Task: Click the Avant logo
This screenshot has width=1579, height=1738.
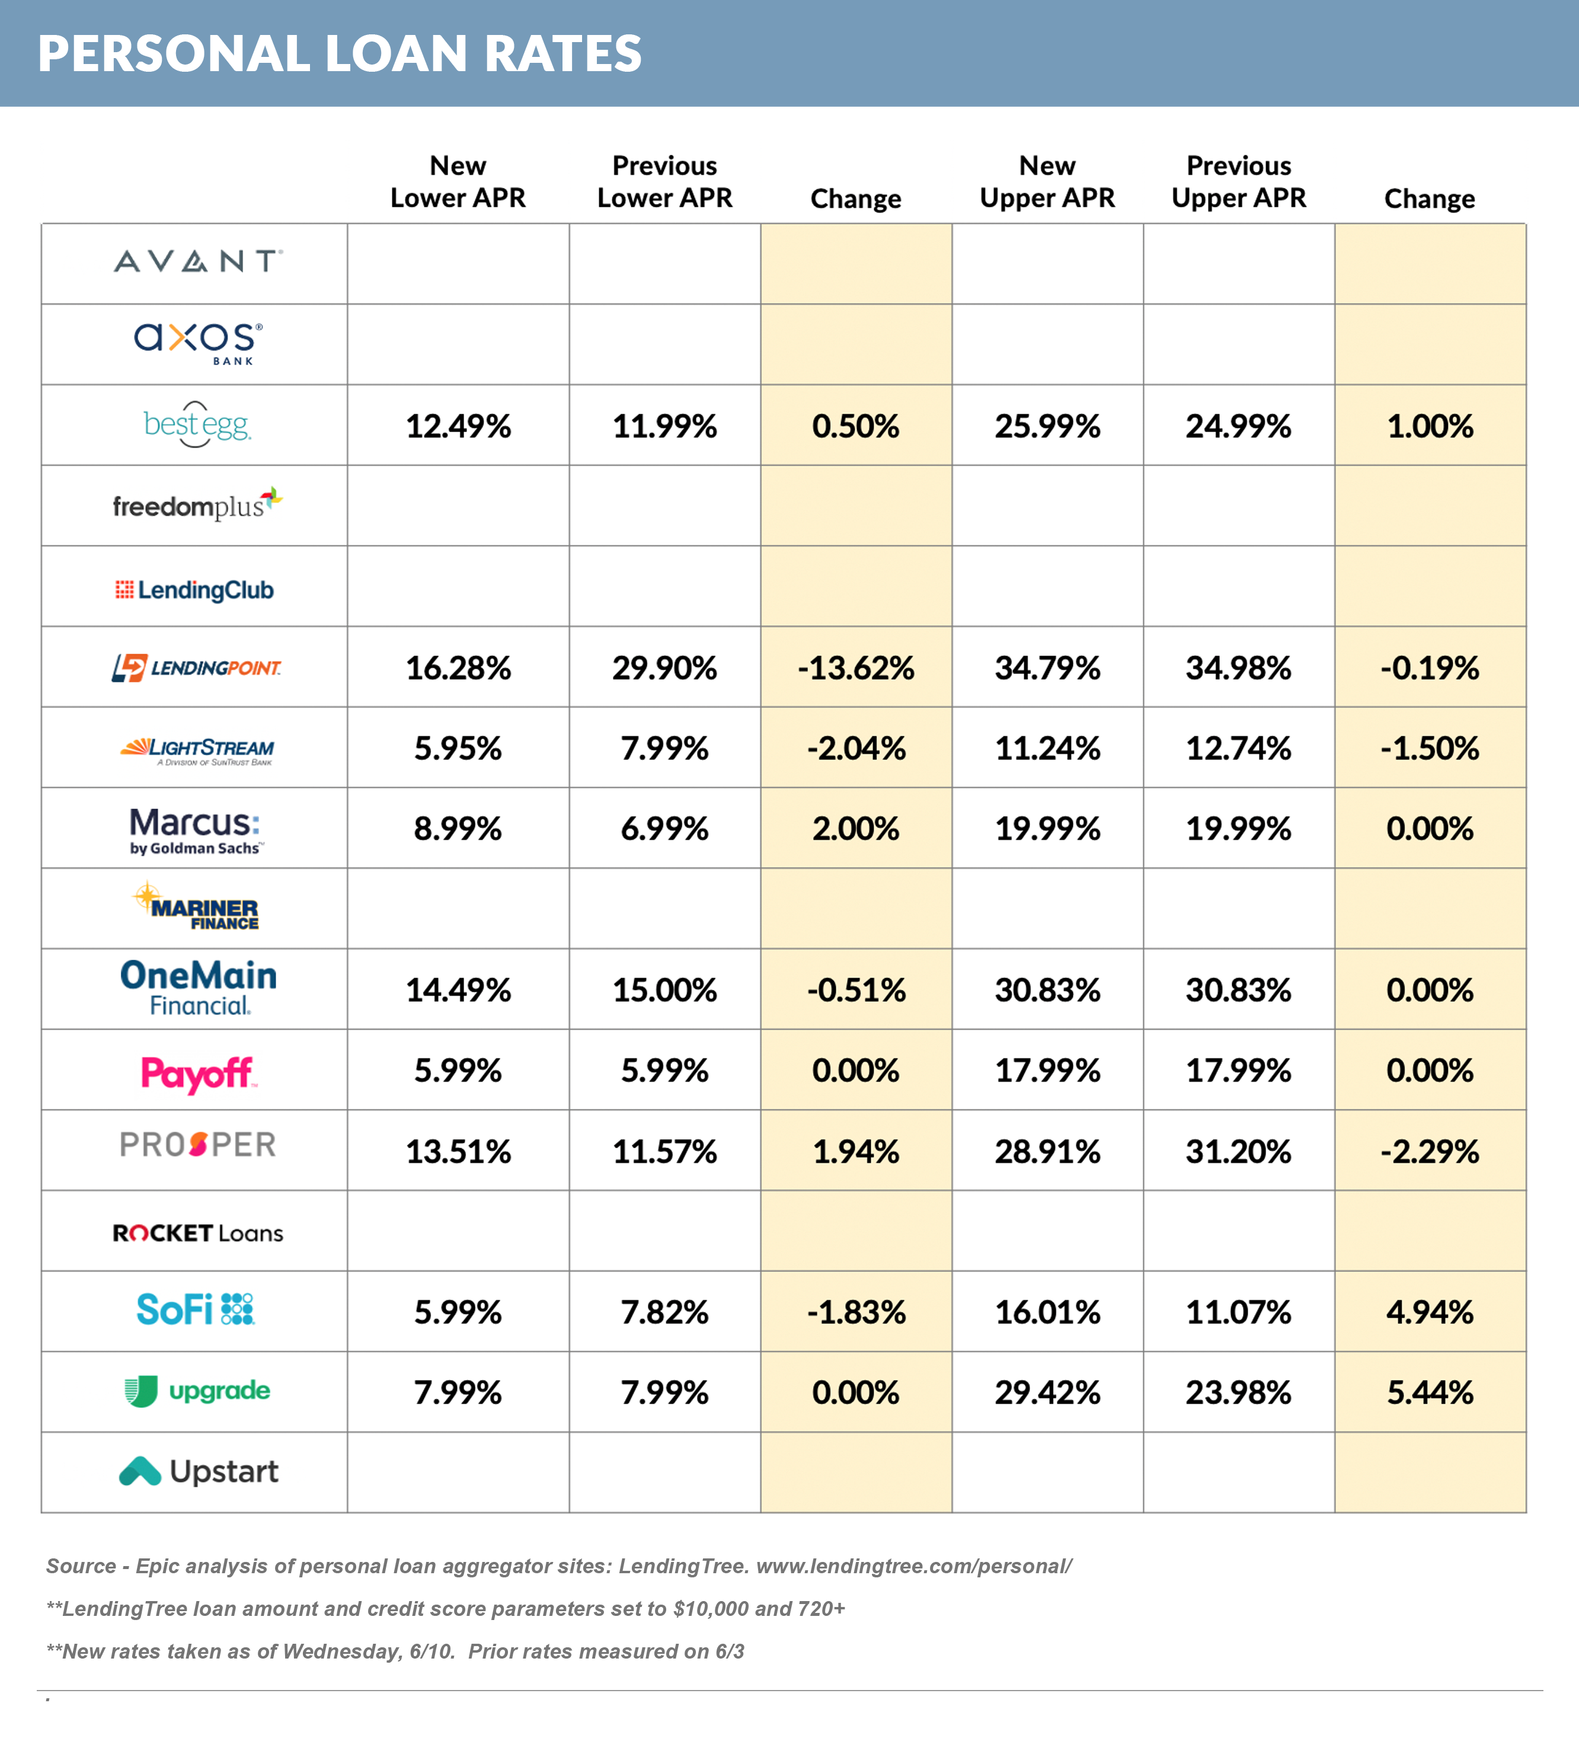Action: pyautogui.click(x=197, y=261)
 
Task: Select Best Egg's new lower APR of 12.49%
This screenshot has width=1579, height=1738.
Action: pyautogui.click(x=458, y=426)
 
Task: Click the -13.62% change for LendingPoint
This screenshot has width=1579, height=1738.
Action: pyautogui.click(x=855, y=668)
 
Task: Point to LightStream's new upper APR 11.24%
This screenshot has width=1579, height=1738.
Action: pyautogui.click(x=1047, y=748)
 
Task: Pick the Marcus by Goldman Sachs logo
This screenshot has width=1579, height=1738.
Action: pyautogui.click(x=196, y=829)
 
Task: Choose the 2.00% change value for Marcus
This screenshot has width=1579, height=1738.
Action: pyautogui.click(x=855, y=829)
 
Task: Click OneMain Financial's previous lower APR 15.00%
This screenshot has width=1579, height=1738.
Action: pyautogui.click(x=664, y=990)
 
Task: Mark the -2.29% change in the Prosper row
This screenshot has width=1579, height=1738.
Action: pyautogui.click(x=1429, y=1152)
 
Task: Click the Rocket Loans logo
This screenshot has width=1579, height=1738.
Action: pyautogui.click(x=197, y=1233)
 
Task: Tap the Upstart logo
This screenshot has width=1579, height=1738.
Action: pyautogui.click(x=198, y=1471)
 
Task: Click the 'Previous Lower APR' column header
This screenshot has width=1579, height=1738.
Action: pyautogui.click(x=664, y=181)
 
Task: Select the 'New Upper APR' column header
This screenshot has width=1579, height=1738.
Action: pyautogui.click(x=1047, y=181)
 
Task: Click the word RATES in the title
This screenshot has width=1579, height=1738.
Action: pyautogui.click(x=563, y=53)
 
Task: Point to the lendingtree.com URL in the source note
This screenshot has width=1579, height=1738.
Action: pyautogui.click(x=913, y=1566)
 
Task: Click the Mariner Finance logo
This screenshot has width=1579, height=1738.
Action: pyautogui.click(x=197, y=908)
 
